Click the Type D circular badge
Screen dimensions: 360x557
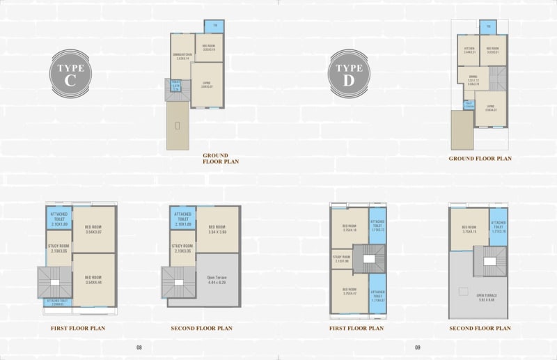pos(350,72)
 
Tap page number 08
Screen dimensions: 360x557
pos(139,347)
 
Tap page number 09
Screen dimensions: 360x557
pos(418,347)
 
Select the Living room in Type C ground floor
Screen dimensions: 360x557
pos(207,84)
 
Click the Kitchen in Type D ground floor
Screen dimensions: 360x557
pos(470,51)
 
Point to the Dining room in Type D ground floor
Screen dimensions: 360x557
pos(473,81)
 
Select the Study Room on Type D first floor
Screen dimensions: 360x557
pos(341,259)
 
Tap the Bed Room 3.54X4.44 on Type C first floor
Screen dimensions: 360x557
pos(93,280)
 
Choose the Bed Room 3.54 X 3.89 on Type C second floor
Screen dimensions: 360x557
pos(217,228)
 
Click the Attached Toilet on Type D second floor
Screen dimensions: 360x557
pos(499,227)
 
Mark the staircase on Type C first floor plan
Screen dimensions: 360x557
pos(49,283)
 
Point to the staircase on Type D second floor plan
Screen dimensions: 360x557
pos(487,261)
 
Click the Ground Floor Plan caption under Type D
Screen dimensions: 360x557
pos(480,159)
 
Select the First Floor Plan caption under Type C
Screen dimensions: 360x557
pos(78,327)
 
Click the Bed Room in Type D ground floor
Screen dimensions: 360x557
pos(493,51)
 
